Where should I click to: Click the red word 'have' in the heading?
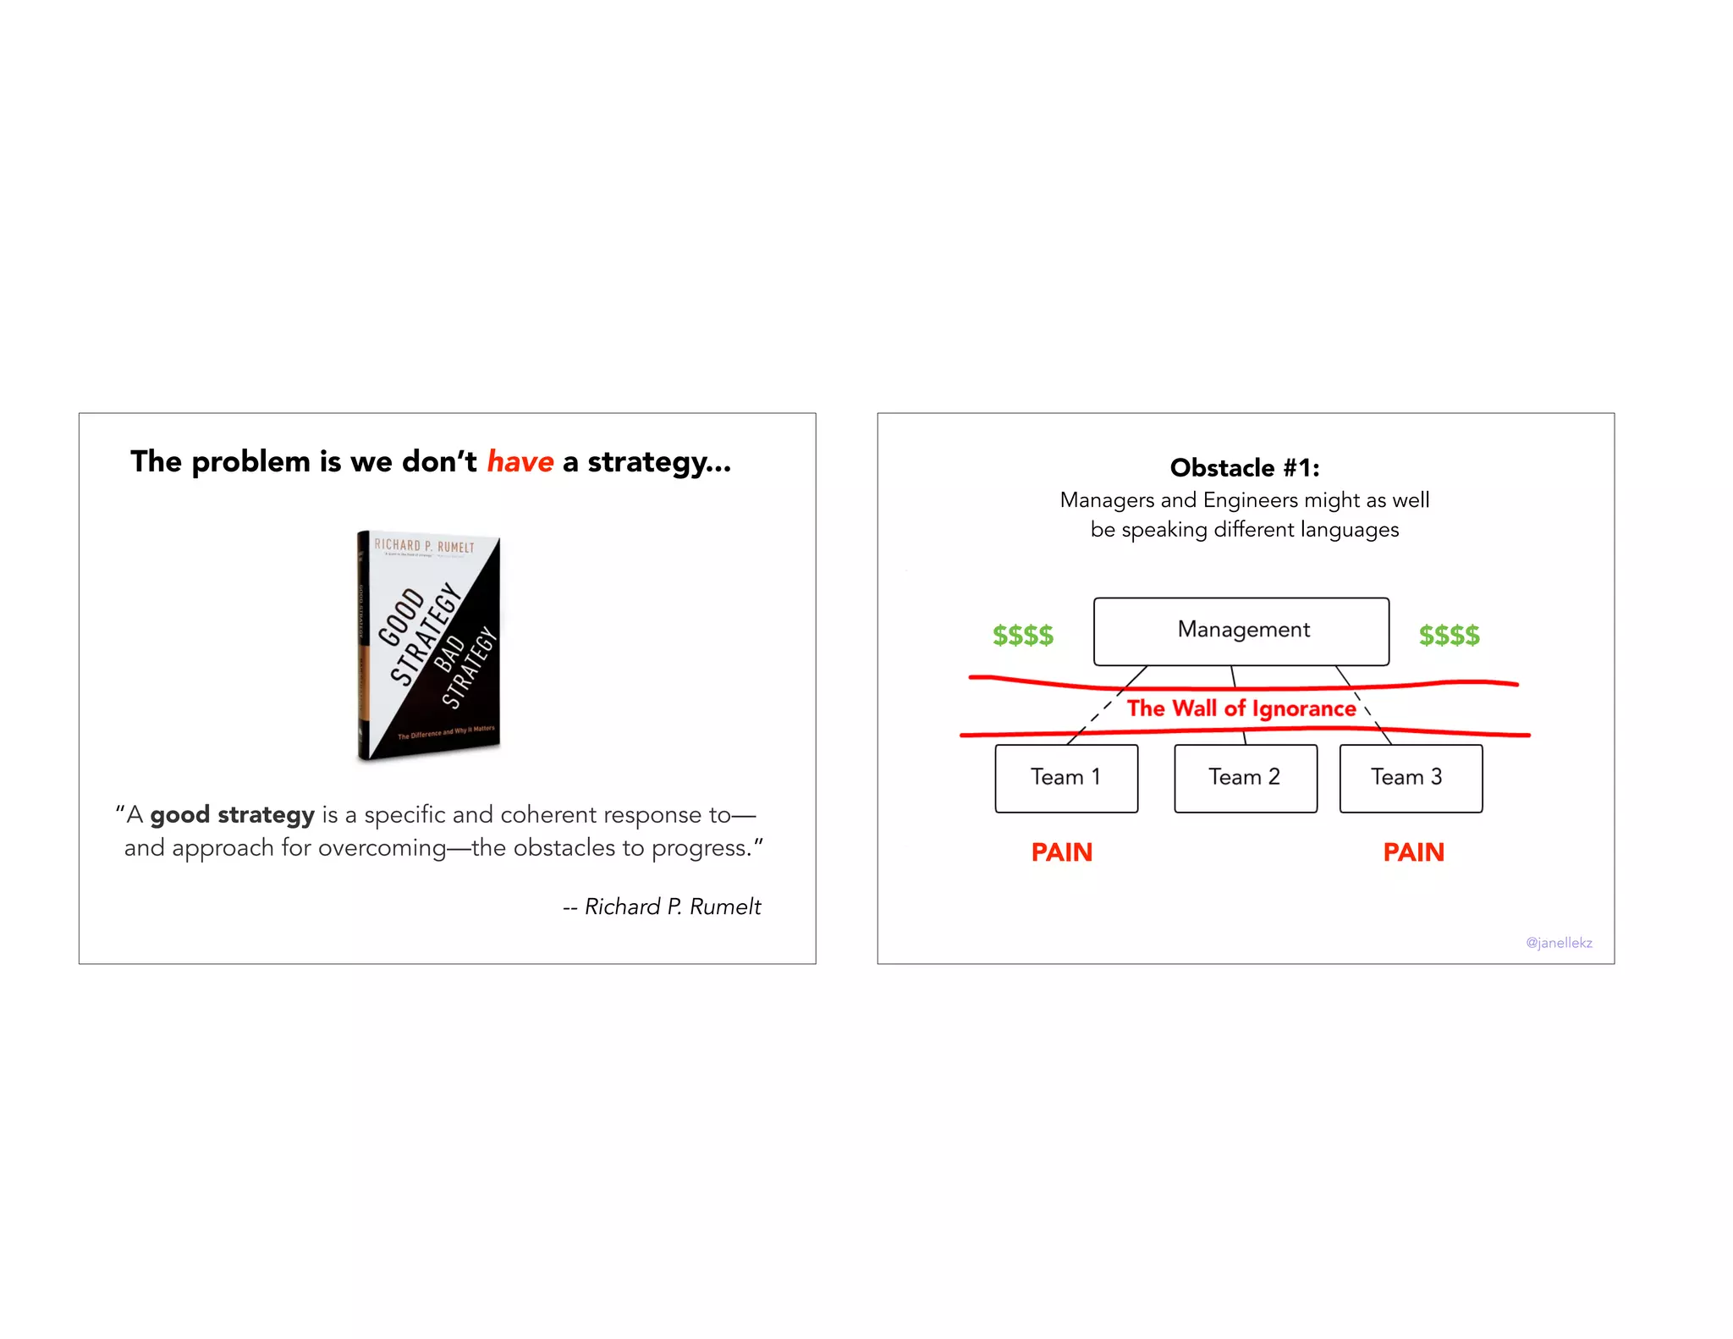pos(520,462)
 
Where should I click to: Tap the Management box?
pos(1241,631)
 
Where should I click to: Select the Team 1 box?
pos(1065,778)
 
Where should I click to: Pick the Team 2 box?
pos(1245,778)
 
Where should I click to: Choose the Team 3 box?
pos(1410,778)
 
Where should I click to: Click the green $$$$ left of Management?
pos(1022,635)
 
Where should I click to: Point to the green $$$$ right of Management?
pos(1449,635)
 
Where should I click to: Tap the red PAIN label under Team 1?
pos(1061,852)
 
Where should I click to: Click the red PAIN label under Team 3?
pos(1413,852)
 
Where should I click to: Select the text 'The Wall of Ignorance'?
pos(1241,708)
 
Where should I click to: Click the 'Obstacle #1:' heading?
pos(1244,468)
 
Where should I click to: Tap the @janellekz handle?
pos(1559,943)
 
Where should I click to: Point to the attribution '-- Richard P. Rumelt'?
pos(663,906)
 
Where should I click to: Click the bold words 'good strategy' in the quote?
pos(232,815)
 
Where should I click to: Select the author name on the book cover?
pos(425,546)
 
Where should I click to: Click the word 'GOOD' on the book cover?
pos(400,616)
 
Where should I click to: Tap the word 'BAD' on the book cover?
pos(449,653)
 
